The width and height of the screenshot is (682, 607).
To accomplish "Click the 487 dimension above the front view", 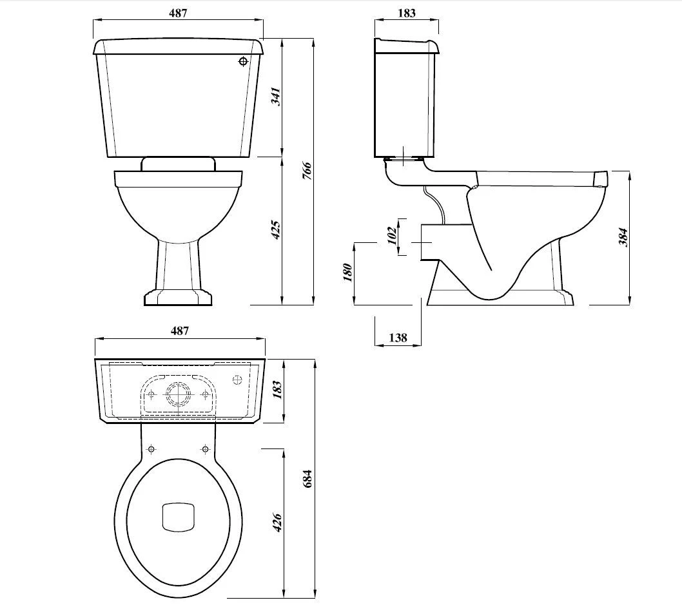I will tap(178, 14).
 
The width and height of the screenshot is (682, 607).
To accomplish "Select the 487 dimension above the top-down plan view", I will tap(179, 331).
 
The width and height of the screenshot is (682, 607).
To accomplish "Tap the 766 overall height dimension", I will tap(307, 171).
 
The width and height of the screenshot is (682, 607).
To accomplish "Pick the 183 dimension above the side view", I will tap(407, 13).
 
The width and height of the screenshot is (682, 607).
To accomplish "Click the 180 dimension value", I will tap(347, 272).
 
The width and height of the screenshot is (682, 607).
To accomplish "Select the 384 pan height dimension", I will tap(622, 237).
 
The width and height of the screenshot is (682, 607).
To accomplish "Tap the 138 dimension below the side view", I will tap(398, 338).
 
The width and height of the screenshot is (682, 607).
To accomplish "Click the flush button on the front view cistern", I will tap(243, 62).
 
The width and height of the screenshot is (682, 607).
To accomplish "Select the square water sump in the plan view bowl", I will tap(177, 516).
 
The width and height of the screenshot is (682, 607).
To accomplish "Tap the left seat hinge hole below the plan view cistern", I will tap(151, 448).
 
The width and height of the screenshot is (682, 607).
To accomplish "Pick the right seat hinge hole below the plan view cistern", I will tap(205, 448).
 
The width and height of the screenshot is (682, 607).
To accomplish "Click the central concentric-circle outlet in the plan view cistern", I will tap(178, 394).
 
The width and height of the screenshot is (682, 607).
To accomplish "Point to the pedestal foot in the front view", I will tap(177, 297).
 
